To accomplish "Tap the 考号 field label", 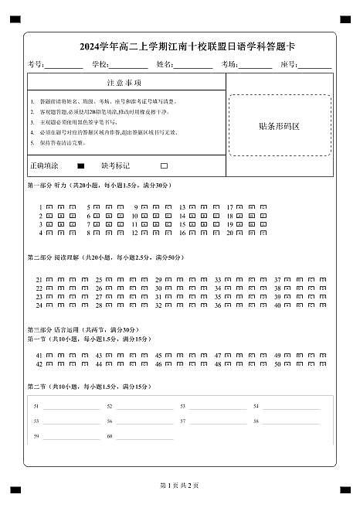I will (36, 65).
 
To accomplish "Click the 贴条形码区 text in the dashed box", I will (279, 125).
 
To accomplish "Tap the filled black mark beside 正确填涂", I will (80, 166).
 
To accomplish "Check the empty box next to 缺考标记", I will (164, 166).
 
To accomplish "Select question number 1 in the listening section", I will (40, 208).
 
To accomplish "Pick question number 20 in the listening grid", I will (229, 233).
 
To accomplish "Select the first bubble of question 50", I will (288, 363).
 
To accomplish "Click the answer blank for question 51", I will (71, 407).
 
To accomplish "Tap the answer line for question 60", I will (144, 438).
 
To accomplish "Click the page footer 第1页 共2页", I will (179, 486).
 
